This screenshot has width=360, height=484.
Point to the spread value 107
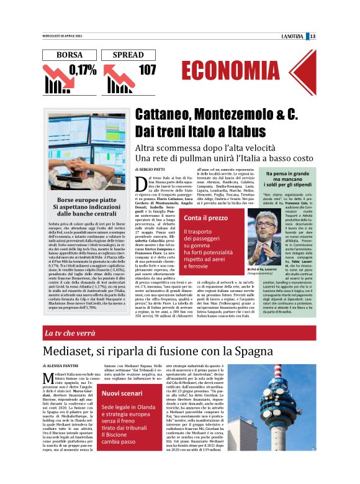click(147, 70)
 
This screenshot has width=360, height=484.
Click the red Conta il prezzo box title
click(205, 218)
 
